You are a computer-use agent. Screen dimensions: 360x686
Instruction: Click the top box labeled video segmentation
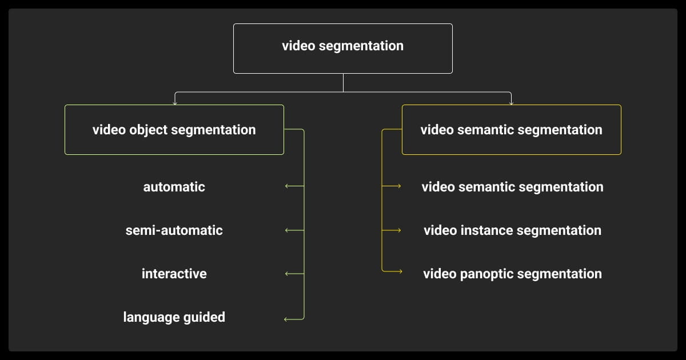(342, 48)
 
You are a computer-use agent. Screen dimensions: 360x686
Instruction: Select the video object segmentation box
(174, 130)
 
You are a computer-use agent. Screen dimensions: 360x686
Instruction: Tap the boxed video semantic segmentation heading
(511, 130)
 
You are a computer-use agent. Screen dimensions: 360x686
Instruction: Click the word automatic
(174, 187)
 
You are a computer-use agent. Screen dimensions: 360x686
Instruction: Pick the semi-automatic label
(174, 230)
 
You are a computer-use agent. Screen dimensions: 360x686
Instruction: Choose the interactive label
(174, 274)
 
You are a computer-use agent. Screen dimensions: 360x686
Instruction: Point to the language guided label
(174, 317)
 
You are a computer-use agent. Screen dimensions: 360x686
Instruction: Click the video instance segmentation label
(512, 230)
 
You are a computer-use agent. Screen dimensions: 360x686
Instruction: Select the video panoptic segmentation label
(512, 274)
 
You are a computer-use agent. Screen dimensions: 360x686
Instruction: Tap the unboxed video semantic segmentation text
(512, 187)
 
